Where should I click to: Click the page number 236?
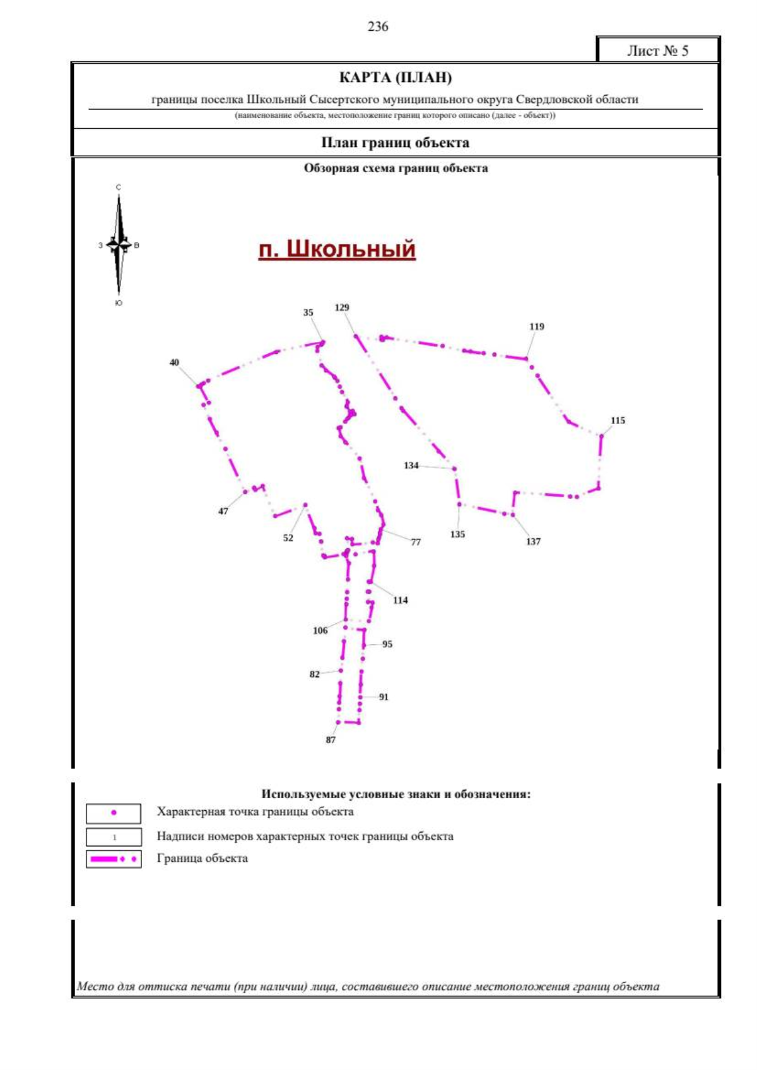[378, 26]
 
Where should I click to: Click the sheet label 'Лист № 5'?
[658, 50]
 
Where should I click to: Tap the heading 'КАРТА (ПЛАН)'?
[396, 78]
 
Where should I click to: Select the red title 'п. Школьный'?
[337, 249]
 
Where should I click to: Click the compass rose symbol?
[119, 245]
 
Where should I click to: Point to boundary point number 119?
[536, 327]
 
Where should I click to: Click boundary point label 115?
[618, 420]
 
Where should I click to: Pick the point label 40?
[174, 363]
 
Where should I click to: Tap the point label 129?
[341, 308]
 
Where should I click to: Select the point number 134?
[411, 465]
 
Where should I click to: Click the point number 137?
[533, 541]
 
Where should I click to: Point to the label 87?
[331, 740]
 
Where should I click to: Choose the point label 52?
[288, 538]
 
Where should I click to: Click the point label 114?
[400, 601]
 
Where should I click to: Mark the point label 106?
[320, 630]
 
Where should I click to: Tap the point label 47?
[223, 511]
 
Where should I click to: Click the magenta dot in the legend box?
[114, 812]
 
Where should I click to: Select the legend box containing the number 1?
[114, 837]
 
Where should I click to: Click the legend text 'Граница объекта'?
[202, 859]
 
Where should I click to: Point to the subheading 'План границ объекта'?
[395, 143]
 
